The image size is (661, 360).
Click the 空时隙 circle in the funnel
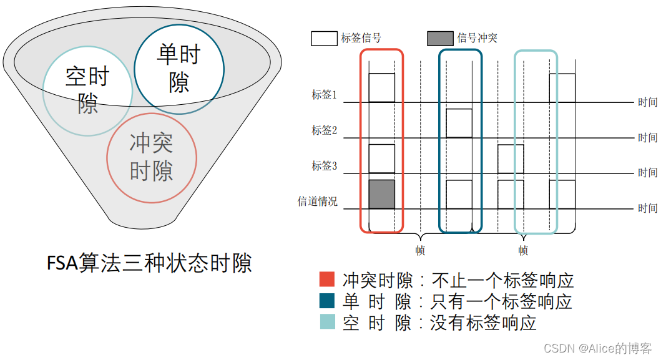[x=87, y=90]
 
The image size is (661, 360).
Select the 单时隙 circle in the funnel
[x=179, y=69]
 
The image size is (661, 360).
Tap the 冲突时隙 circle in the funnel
[x=152, y=157]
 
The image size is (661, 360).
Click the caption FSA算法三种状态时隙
[x=149, y=263]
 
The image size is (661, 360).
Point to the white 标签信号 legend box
[x=324, y=38]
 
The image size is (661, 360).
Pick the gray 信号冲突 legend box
[x=440, y=38]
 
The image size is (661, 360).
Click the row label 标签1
[x=325, y=95]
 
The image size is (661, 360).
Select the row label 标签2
[x=325, y=130]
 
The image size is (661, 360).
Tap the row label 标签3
[x=325, y=166]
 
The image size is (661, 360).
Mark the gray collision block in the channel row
[x=382, y=194]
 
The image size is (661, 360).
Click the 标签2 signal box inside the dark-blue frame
[x=459, y=123]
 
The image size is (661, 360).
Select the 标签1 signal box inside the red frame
[x=382, y=88]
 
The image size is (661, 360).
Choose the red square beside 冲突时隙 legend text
[x=327, y=280]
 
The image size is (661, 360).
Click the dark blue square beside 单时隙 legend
[x=327, y=301]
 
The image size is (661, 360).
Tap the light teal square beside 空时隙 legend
[x=327, y=322]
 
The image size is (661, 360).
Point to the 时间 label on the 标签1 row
[x=647, y=102]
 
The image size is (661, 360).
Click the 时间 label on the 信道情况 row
[x=647, y=208]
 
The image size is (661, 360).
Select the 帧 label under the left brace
[x=420, y=251]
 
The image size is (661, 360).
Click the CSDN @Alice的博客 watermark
[x=597, y=348]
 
